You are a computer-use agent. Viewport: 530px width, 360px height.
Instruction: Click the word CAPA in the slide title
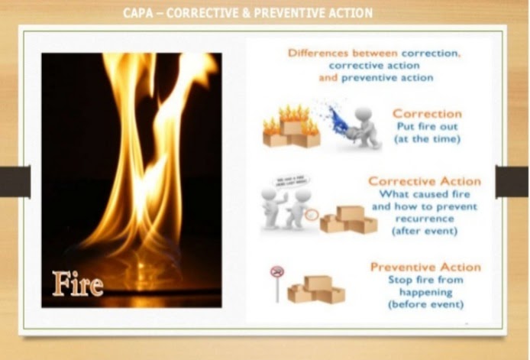click(138, 13)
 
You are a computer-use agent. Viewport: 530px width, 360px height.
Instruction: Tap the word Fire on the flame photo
click(78, 284)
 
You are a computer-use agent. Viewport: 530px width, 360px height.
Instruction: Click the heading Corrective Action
click(424, 181)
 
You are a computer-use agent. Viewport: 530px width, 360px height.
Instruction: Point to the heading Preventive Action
click(425, 267)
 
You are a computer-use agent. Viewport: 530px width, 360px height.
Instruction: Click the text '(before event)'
click(425, 304)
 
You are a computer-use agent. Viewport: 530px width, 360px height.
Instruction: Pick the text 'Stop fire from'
click(425, 280)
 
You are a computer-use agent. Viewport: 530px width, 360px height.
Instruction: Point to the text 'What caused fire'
click(425, 194)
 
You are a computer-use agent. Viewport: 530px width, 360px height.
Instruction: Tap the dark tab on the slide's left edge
click(15, 182)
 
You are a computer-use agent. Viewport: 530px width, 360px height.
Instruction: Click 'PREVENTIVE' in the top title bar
click(290, 13)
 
